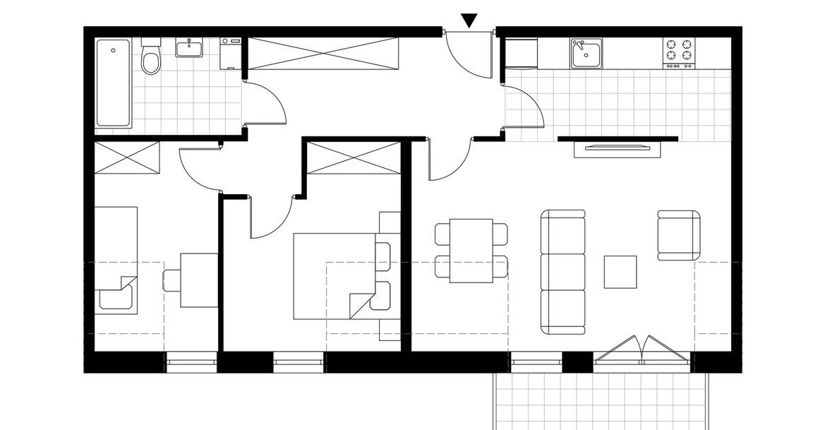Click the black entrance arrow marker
pyautogui.click(x=469, y=21)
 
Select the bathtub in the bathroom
pyautogui.click(x=113, y=83)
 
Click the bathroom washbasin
pyautogui.click(x=188, y=49)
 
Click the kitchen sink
pyautogui.click(x=586, y=53)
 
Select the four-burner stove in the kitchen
pyautogui.click(x=678, y=52)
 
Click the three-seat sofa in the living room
pyautogui.click(x=563, y=272)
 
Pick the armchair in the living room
pyautogui.click(x=679, y=235)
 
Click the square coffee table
pyautogui.click(x=620, y=272)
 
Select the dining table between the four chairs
pyautogui.click(x=471, y=251)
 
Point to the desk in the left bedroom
pyautogui.click(x=198, y=280)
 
